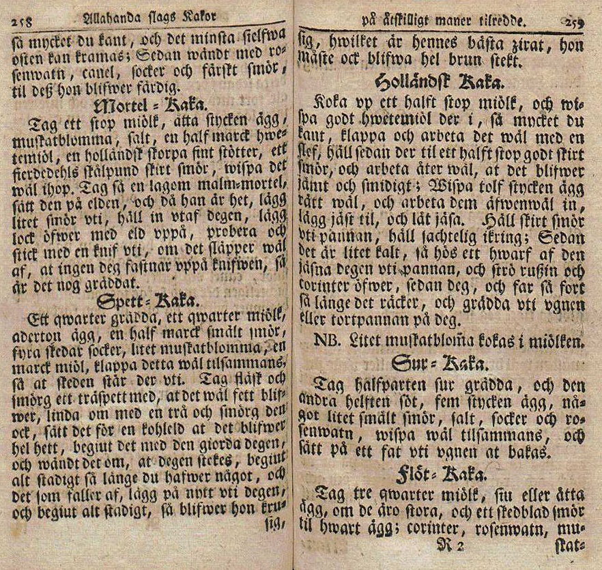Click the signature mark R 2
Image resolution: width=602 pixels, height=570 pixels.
[451, 544]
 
